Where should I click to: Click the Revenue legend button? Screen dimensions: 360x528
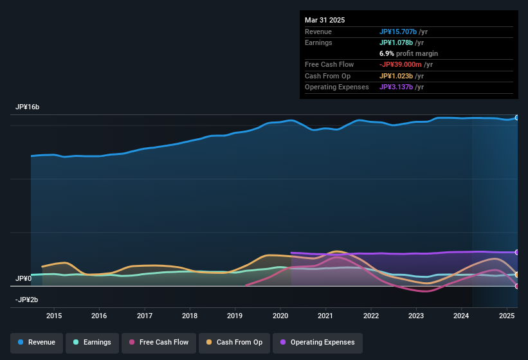37,342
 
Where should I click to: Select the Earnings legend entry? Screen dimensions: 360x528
91,342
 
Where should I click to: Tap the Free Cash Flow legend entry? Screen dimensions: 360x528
159,342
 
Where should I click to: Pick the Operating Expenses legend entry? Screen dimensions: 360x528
317,342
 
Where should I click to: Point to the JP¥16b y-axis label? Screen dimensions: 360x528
28,107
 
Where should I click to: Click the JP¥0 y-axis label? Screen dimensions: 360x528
24,278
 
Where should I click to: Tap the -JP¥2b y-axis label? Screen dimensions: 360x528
27,300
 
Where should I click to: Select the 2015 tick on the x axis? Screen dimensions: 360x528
54,316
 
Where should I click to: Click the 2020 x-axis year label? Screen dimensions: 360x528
280,316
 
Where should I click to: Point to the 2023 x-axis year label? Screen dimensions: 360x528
416,316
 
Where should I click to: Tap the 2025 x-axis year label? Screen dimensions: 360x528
507,316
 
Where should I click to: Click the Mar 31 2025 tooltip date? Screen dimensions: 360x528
325,20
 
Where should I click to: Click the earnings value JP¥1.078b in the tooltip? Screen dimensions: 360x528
401,42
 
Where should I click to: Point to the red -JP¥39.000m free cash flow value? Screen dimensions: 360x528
405,65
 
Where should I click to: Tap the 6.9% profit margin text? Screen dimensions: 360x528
409,53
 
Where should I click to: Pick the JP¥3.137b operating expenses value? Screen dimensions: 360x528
401,87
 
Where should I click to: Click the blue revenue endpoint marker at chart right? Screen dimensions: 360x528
517,118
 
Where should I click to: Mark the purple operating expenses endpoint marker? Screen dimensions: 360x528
517,252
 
